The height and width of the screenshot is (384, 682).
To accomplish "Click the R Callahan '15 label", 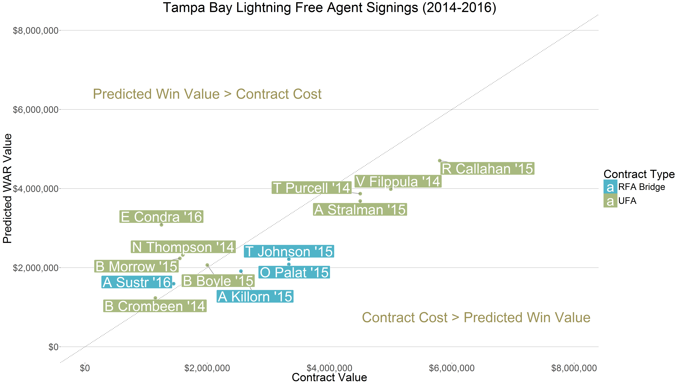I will click(x=487, y=169).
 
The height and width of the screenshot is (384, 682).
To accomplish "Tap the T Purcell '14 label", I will click(x=311, y=188).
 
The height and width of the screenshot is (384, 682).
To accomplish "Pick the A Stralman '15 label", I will click(x=360, y=210).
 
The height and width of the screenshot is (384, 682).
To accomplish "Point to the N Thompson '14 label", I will click(x=183, y=247).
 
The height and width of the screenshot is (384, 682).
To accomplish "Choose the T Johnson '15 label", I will click(x=289, y=252).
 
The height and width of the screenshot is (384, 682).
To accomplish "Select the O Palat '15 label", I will click(x=294, y=272).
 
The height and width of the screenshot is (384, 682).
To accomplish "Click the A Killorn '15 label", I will click(x=255, y=297).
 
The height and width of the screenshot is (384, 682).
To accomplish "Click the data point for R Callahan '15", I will click(x=439, y=161).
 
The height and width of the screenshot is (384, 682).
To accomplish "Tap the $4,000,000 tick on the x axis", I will click(x=329, y=368).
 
